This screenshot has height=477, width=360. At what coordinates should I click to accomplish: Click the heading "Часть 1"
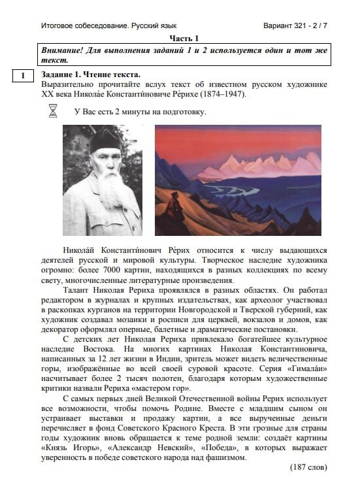(x=184, y=39)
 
